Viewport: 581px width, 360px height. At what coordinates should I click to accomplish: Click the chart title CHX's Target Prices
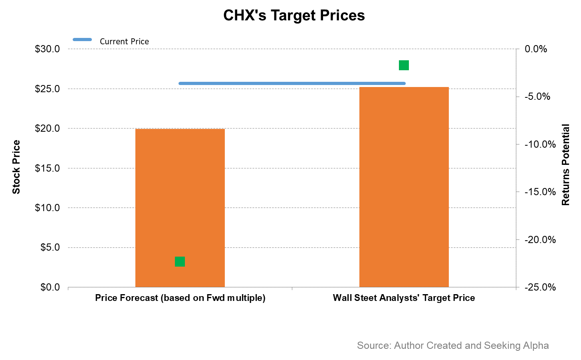click(x=294, y=16)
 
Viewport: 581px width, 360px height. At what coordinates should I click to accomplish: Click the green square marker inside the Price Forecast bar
click(x=180, y=261)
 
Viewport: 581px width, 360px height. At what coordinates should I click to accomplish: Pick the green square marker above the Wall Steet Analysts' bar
click(x=404, y=65)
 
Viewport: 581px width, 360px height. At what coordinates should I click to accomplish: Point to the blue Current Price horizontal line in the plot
click(x=292, y=83)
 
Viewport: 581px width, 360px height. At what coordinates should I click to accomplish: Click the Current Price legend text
click(x=124, y=42)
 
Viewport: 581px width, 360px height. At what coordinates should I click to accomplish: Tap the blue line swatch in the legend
click(x=82, y=40)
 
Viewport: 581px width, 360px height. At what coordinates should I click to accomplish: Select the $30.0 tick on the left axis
click(x=47, y=49)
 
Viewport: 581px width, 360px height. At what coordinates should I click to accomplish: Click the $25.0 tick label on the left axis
click(x=47, y=89)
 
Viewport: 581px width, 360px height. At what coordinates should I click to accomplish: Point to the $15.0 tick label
click(x=47, y=168)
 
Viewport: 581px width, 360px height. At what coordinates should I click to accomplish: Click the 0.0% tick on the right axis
click(x=536, y=49)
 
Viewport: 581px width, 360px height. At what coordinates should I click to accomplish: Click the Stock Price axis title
click(x=16, y=167)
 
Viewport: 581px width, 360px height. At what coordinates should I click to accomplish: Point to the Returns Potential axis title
click(x=565, y=165)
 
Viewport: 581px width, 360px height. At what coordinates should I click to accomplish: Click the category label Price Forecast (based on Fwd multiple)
click(x=180, y=298)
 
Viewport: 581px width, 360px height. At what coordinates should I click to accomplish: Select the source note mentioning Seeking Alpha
click(x=452, y=346)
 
